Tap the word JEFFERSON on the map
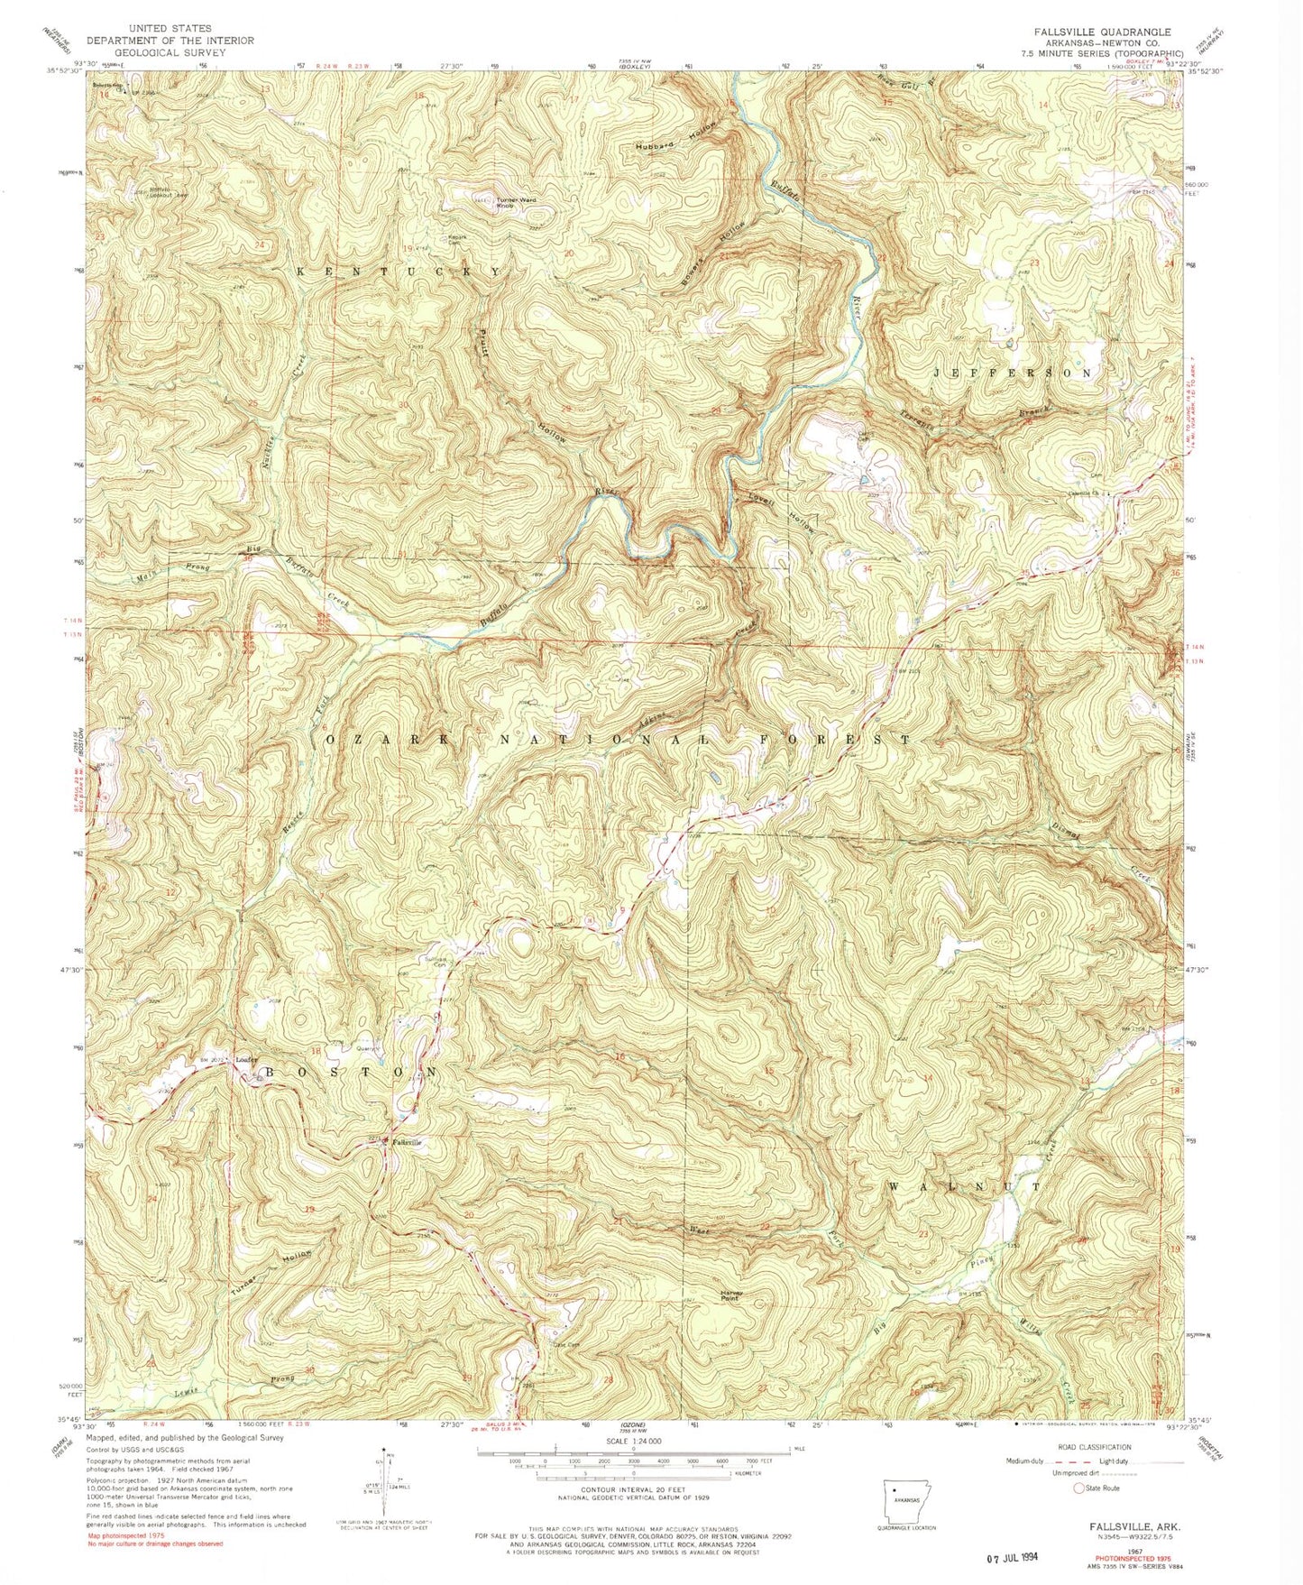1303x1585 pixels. click(1013, 373)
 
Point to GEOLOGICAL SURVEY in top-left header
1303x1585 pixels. click(170, 52)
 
